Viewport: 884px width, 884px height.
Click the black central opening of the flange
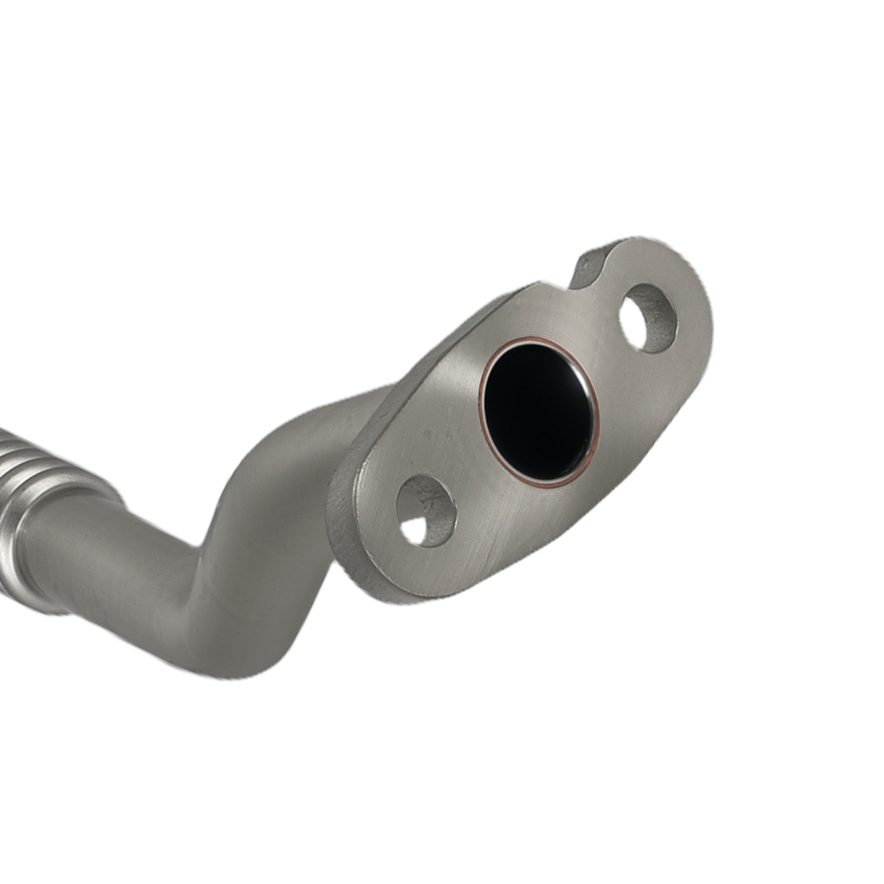tap(536, 410)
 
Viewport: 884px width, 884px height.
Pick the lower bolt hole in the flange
tap(425, 511)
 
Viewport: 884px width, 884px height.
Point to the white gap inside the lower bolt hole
tap(414, 530)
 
